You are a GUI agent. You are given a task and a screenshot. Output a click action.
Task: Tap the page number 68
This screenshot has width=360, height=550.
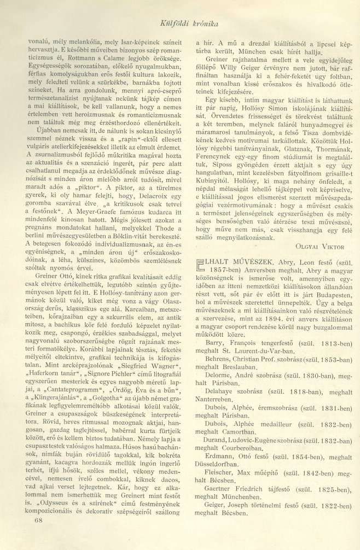coord(38,535)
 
